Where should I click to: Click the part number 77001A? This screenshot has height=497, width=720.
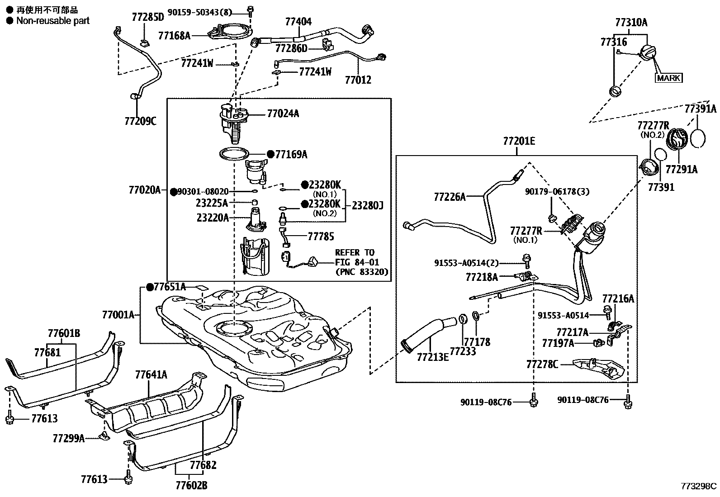pos(118,314)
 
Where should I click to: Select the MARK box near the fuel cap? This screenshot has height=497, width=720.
pos(668,78)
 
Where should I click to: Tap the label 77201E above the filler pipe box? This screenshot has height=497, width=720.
pos(519,142)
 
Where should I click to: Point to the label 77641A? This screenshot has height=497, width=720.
pos(151,374)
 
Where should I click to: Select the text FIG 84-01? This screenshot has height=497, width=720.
pos(357,262)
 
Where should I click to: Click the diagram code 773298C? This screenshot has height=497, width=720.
pos(699,486)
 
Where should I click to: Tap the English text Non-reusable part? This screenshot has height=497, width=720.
pos(53,21)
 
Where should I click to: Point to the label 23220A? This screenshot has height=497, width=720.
pos(213,218)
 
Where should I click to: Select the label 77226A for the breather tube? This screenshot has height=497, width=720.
pos(450,197)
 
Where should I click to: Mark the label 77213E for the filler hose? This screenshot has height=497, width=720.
pos(433,357)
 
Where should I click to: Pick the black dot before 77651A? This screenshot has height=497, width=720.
pos(150,287)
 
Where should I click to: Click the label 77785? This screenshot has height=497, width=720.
pos(321,237)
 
